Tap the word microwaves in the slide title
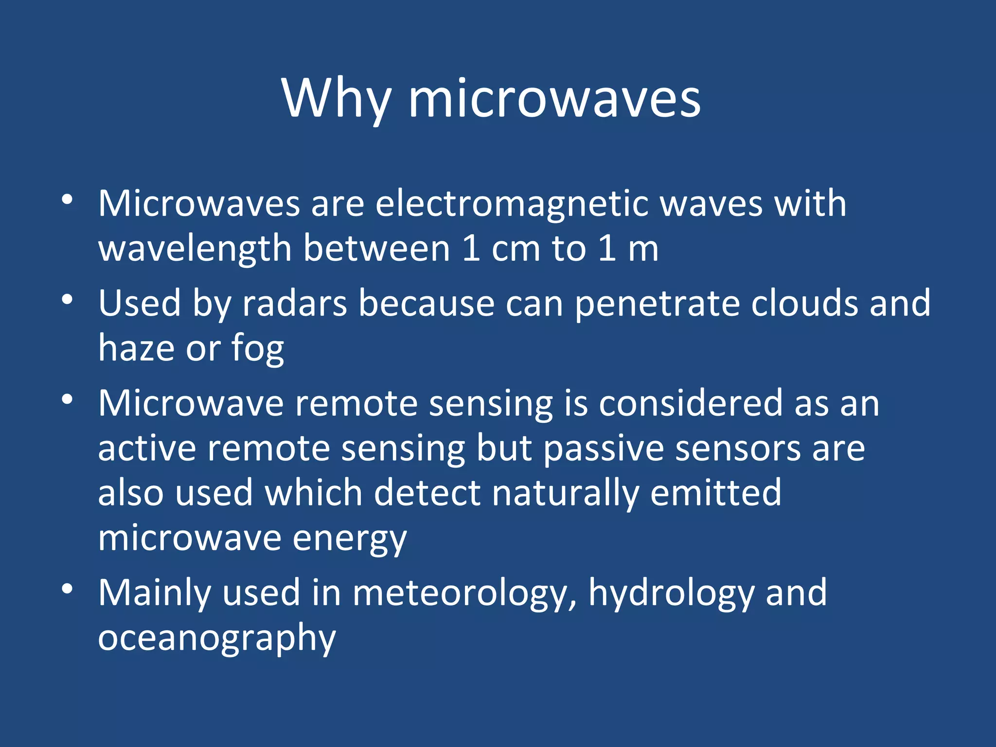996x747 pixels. click(554, 99)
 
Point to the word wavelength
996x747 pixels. click(195, 249)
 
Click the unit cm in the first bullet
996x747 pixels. click(516, 249)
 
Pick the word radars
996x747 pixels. click(295, 303)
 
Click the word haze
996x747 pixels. click(136, 348)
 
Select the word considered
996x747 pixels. click(691, 404)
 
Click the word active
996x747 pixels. click(147, 448)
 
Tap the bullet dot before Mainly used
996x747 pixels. click(67, 588)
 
